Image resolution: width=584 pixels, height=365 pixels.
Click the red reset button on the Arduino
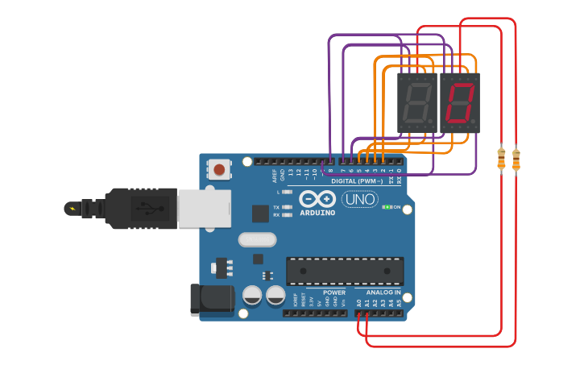(x=219, y=169)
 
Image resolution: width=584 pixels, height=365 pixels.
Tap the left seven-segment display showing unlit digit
(x=416, y=103)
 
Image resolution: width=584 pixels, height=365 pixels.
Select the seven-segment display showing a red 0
(x=459, y=103)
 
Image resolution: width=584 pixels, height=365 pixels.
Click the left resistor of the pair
(x=501, y=159)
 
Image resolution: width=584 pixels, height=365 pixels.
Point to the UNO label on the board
(x=359, y=199)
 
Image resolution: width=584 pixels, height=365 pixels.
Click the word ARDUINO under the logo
(x=317, y=213)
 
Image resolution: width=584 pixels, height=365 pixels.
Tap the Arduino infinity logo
(x=317, y=199)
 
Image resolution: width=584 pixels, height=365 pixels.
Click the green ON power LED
(x=387, y=207)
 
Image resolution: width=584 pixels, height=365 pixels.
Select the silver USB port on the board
(x=203, y=208)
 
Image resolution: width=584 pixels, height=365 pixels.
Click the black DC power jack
(x=209, y=300)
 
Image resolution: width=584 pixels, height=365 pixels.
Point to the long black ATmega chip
(x=345, y=271)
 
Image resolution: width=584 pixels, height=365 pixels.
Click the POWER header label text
(x=334, y=292)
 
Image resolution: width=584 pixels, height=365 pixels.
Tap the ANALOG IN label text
(x=383, y=292)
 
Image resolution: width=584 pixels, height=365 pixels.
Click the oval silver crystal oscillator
(x=257, y=239)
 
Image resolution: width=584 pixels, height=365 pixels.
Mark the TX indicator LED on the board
(x=287, y=207)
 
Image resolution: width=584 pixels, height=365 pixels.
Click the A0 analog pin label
(x=359, y=303)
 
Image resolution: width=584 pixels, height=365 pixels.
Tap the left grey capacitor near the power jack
(x=252, y=296)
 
